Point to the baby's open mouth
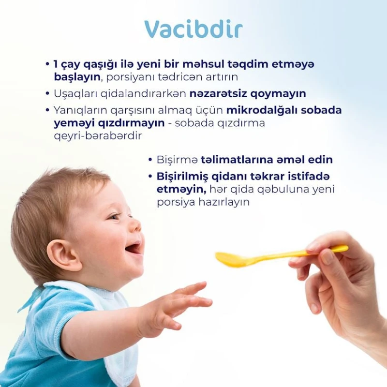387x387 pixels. (x=133, y=248)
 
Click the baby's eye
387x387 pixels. (x=115, y=216)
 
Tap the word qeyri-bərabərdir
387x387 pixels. (x=98, y=136)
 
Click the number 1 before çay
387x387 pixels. (x=56, y=64)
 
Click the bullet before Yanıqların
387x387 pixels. (x=47, y=110)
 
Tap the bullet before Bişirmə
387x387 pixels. (x=150, y=160)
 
